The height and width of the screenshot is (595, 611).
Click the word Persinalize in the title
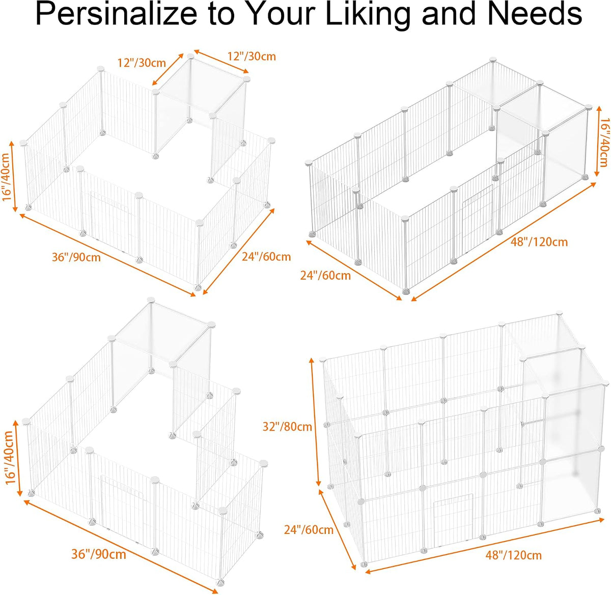(x=117, y=15)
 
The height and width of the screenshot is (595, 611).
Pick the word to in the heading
(x=221, y=15)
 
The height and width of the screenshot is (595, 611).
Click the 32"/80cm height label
(x=287, y=427)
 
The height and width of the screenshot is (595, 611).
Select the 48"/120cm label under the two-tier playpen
(x=514, y=555)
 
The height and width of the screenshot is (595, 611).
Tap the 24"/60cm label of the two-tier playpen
(x=309, y=530)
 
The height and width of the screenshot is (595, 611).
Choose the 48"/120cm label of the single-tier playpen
(x=539, y=242)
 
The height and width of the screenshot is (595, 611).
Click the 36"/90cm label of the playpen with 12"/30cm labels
(x=76, y=257)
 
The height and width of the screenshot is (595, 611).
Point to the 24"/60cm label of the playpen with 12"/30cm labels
(x=266, y=257)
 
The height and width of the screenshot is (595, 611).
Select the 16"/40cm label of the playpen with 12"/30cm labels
(x=8, y=176)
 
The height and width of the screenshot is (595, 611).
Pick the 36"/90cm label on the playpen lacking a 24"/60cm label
(x=99, y=554)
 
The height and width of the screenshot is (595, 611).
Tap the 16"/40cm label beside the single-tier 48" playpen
(x=604, y=142)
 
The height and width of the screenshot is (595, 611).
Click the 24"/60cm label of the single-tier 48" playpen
(x=325, y=276)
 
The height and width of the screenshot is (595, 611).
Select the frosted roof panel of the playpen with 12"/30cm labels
(x=201, y=86)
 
